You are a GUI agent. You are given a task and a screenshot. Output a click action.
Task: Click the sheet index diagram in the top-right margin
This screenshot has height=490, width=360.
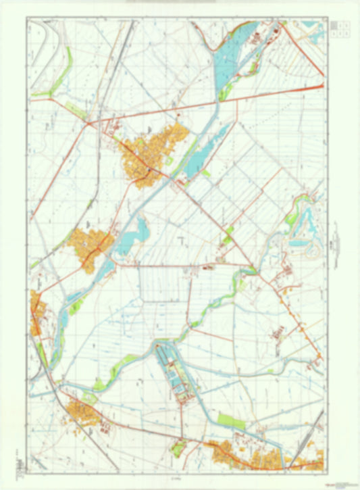click(340, 28)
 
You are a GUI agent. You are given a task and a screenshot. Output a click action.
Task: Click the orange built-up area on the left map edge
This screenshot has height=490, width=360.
click(37, 314)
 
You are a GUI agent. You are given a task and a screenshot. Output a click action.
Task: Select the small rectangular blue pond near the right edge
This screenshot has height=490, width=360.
click(297, 242)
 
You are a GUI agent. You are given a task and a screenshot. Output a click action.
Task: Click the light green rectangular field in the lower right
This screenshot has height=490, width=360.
click(232, 421)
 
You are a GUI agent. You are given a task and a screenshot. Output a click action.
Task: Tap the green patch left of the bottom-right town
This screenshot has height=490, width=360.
click(178, 446)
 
